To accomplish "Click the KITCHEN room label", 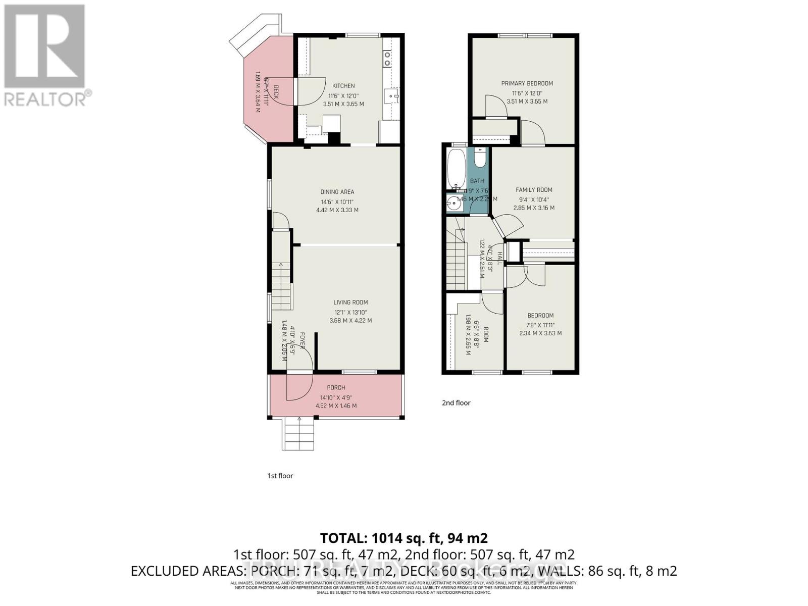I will (x=343, y=86).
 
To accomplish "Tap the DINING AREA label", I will (x=337, y=192).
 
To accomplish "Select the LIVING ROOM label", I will (x=350, y=302).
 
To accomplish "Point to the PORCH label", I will (x=336, y=388).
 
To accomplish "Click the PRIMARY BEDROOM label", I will (x=527, y=83).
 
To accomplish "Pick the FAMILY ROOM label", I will (x=534, y=190).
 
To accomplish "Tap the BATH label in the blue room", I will (x=477, y=181).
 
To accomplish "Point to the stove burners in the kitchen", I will (x=387, y=59).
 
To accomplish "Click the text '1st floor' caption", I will (x=280, y=476).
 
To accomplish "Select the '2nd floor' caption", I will (x=456, y=403).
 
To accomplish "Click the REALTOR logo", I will (x=45, y=56).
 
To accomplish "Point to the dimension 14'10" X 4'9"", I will (x=336, y=397).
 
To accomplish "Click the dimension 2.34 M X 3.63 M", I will (x=540, y=333).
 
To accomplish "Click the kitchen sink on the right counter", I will (x=391, y=94).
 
